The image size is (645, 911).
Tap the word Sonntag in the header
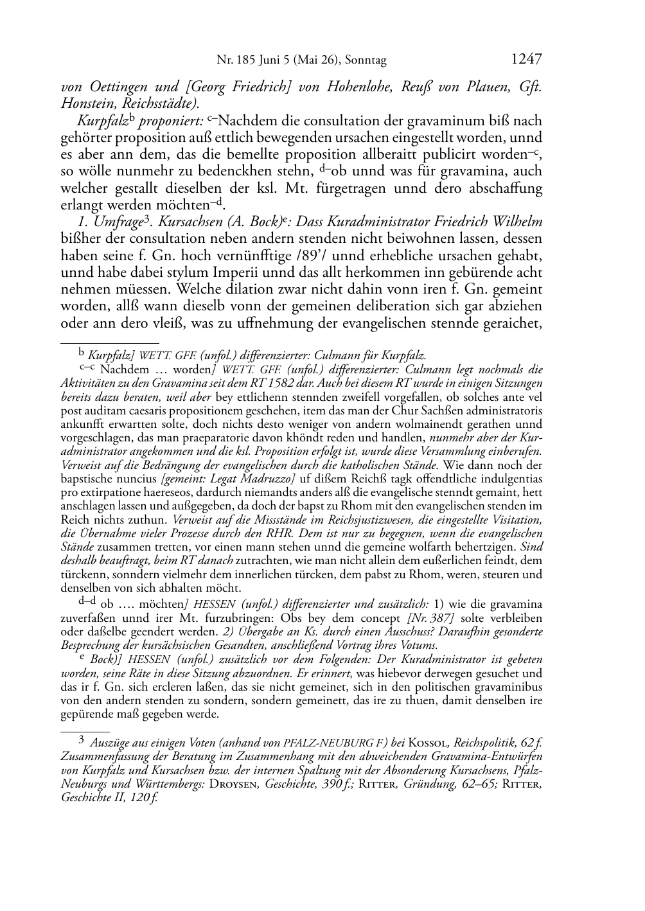pyautogui.click(x=366, y=61)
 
